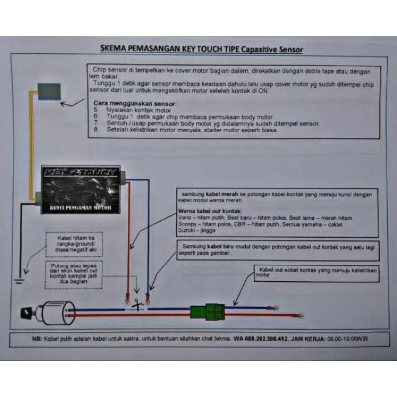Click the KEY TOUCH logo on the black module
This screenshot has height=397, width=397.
[x=80, y=173]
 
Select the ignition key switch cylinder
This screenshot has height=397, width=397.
[x=55, y=313]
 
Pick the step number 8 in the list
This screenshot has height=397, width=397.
[x=96, y=129]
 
